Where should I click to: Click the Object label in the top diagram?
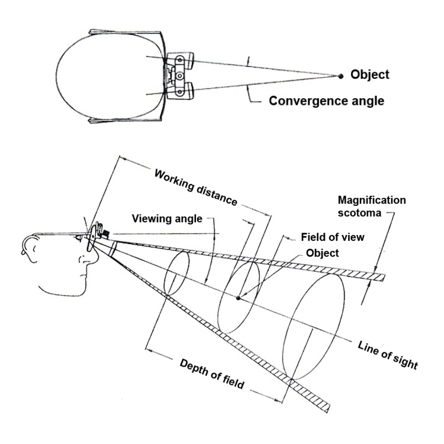point(370,75)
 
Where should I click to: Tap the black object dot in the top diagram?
point(340,76)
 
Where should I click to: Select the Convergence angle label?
point(326,101)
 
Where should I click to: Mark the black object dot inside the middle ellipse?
point(238,298)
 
